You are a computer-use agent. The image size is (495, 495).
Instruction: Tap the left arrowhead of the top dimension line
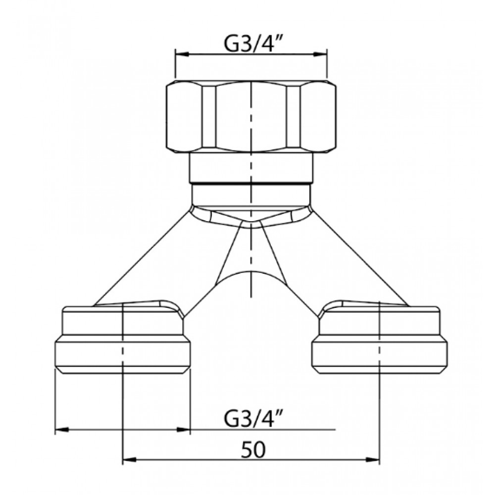182,54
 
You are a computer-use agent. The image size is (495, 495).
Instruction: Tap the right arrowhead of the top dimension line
320,54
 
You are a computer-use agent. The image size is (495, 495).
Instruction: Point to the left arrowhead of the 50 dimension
129,460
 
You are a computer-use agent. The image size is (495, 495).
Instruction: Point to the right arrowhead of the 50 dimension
373,460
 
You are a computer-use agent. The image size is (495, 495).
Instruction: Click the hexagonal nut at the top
251,115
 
